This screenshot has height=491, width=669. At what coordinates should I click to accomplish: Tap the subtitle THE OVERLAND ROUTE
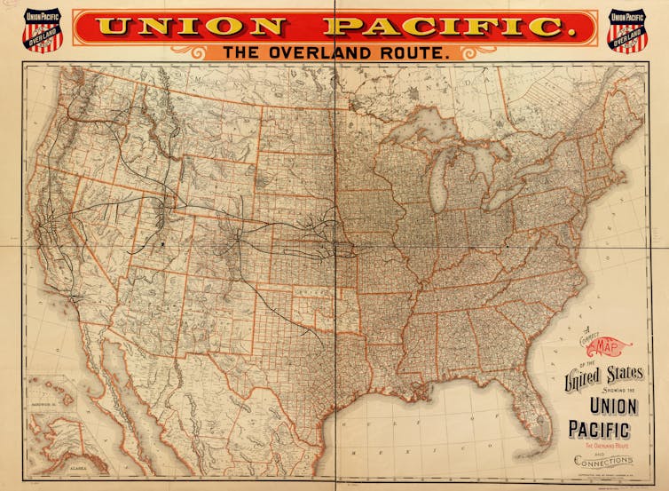[336, 53]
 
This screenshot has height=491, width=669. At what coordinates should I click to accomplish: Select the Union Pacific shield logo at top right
[627, 30]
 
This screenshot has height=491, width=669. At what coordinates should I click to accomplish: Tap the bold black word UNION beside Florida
[602, 407]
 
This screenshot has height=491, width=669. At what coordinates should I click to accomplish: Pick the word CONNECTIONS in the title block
[602, 460]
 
